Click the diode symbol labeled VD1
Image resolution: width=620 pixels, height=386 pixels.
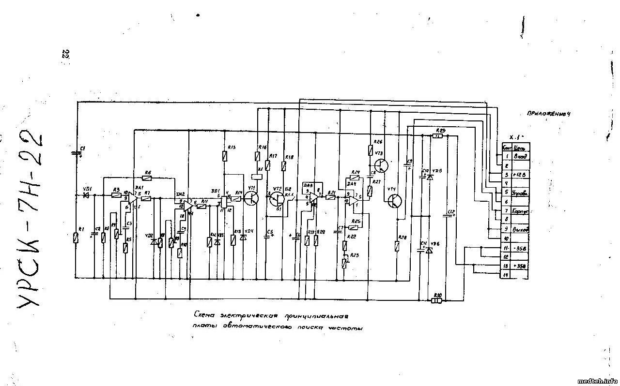click(86, 195)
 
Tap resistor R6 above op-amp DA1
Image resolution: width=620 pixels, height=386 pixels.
click(147, 178)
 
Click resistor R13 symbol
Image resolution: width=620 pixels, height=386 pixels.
click(224, 156)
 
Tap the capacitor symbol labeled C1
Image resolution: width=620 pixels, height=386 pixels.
click(76, 153)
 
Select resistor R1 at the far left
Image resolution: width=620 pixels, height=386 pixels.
click(76, 238)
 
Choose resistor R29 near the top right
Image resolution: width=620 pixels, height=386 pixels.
click(437, 136)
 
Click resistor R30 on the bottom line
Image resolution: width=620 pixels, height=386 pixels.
click(437, 300)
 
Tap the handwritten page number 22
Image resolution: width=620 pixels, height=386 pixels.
click(65, 54)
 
